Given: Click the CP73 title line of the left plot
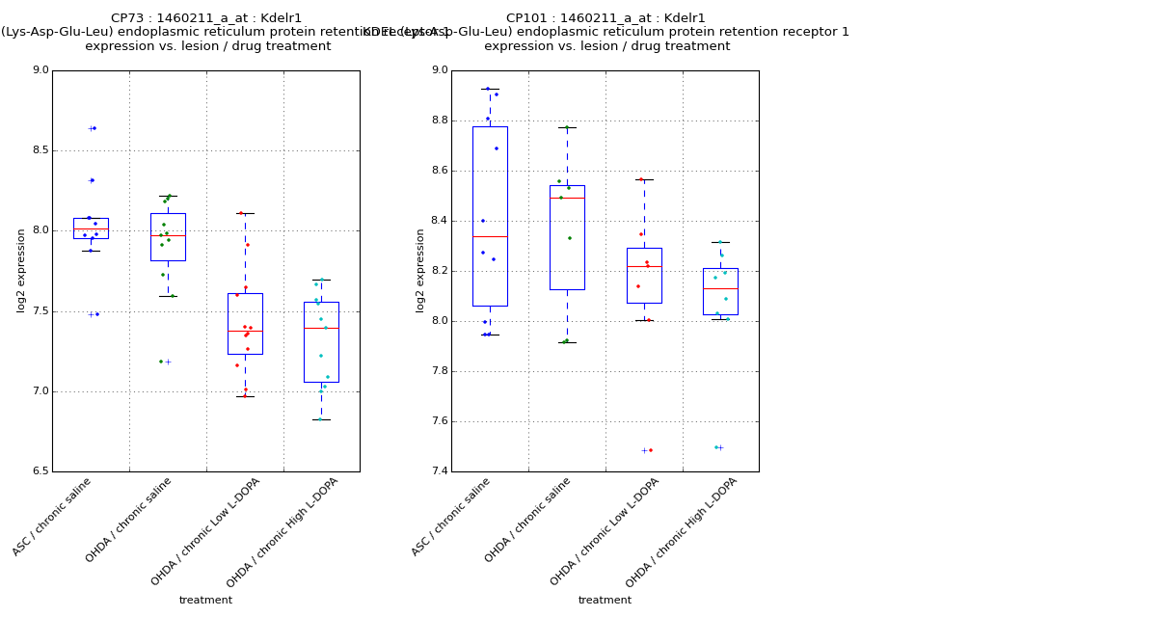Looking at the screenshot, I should [206, 18].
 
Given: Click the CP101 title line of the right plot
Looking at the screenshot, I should [605, 18].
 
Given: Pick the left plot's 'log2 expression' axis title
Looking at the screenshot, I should [21, 270].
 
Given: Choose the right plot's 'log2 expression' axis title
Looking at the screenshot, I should [420, 270].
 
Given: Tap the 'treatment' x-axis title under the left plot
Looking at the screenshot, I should [205, 600].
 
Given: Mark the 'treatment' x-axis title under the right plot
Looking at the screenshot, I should [605, 600].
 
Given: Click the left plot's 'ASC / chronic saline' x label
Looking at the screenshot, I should [52, 517].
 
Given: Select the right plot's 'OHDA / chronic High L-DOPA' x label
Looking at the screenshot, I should [682, 532].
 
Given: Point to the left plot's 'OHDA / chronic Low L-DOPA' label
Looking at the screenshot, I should [205, 532].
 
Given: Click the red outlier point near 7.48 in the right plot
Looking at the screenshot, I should [651, 450].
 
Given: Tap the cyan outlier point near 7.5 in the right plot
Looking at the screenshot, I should [715, 447].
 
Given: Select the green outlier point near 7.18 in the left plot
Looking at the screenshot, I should [161, 362].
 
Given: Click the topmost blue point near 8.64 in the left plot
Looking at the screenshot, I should [94, 128].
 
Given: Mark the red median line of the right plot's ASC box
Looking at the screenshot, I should [490, 236].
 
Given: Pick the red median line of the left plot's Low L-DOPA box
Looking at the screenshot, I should [245, 331].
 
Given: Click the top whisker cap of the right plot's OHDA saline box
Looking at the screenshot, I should [567, 127].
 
